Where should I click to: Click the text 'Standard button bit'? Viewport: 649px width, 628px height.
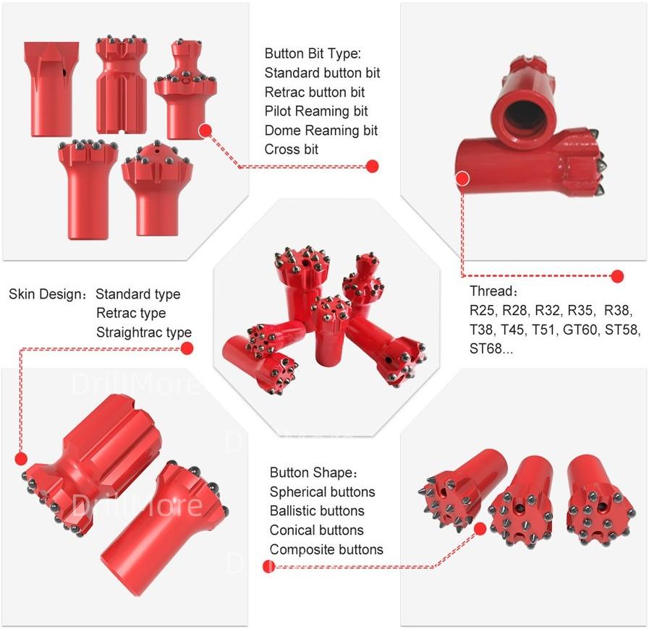coord(322,73)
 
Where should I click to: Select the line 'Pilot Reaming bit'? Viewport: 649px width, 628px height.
coord(316,111)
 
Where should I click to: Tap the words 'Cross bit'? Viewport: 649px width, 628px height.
coord(292,150)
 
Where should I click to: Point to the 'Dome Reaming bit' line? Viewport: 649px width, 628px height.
coord(321,130)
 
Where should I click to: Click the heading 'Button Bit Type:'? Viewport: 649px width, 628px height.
coord(313,53)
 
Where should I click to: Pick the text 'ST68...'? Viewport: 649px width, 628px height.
coord(491,348)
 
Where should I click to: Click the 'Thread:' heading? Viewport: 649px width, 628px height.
coord(493,291)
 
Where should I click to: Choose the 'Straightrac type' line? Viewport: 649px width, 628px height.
coord(144,332)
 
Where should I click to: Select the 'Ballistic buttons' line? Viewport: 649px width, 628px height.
coord(317,511)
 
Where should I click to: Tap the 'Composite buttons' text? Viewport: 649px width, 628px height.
coord(326,549)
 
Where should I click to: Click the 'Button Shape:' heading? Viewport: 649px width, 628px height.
coord(314,472)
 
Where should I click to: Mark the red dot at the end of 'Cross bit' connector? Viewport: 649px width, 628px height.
coord(373,166)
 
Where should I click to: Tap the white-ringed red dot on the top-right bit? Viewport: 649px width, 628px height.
coord(463,178)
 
